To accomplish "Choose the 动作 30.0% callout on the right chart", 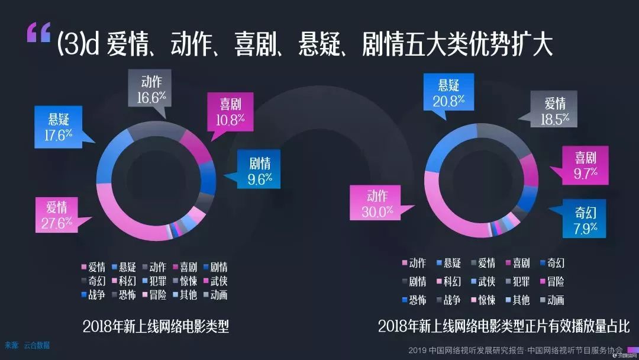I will tap(377, 204).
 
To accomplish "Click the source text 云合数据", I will tap(37, 345).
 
